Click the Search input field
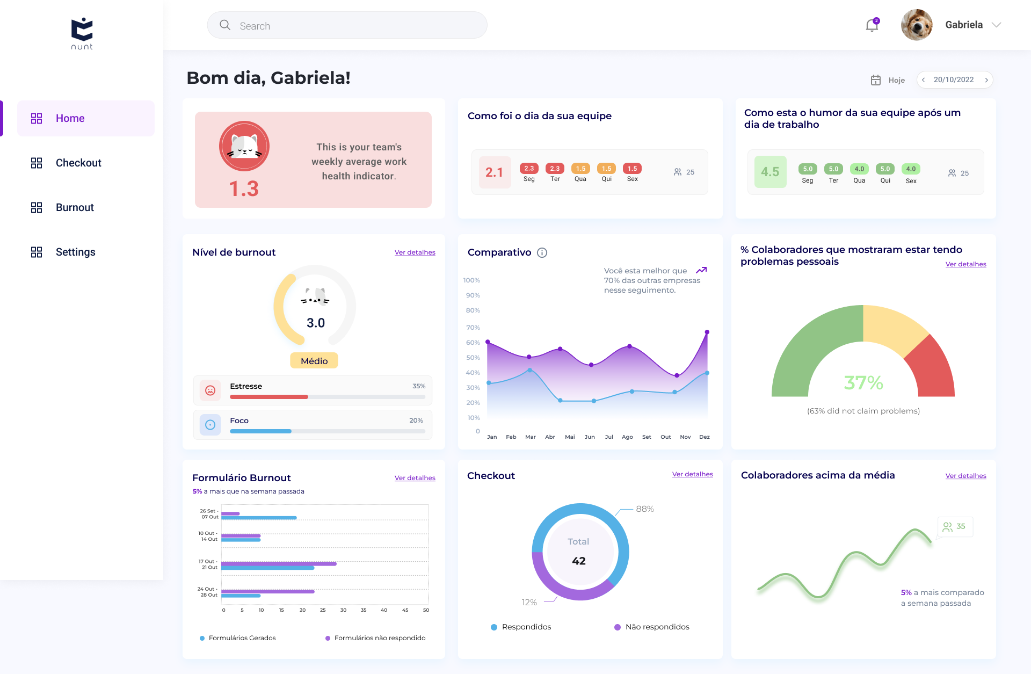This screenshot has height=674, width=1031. click(347, 25)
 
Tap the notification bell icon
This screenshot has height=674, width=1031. click(872, 25)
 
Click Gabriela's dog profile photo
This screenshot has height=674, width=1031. click(917, 25)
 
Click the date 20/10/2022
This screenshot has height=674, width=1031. click(954, 79)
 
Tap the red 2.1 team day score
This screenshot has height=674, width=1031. click(494, 172)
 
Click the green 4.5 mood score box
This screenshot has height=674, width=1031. click(770, 172)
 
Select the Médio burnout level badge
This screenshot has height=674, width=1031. click(314, 361)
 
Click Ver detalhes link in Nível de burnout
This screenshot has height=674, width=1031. click(415, 252)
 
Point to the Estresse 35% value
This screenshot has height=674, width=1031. click(419, 386)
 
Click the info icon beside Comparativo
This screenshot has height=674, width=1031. click(542, 252)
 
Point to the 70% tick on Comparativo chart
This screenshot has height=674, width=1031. click(473, 328)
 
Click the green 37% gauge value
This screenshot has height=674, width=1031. click(863, 382)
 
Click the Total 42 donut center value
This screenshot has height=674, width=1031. click(579, 561)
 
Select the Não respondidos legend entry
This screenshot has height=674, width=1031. click(652, 627)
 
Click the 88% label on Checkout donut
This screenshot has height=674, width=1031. click(645, 509)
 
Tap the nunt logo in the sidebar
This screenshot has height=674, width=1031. click(82, 34)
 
